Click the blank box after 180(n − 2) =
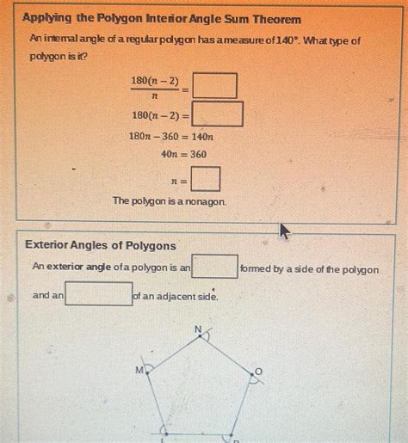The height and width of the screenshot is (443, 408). pos(218,114)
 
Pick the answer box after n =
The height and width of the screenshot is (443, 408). pos(206,180)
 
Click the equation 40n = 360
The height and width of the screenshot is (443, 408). pos(183,155)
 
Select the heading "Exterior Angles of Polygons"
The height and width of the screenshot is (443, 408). pos(101,246)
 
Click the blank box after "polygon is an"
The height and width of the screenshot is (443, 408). pos(215,267)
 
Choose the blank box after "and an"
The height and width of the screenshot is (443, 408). pos(99,294)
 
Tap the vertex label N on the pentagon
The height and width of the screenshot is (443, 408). pos(197,329)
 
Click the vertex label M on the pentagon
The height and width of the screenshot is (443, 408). pos(139,370)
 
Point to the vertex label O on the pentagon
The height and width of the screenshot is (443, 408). pos(257,372)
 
